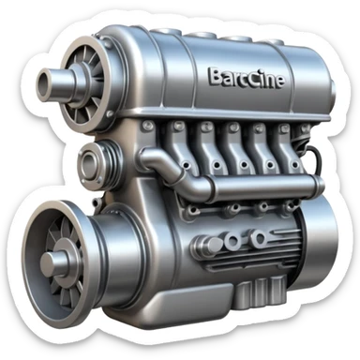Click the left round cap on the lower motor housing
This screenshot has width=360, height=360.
coord(208,246)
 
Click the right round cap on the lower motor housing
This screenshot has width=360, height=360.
coord(232,243)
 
